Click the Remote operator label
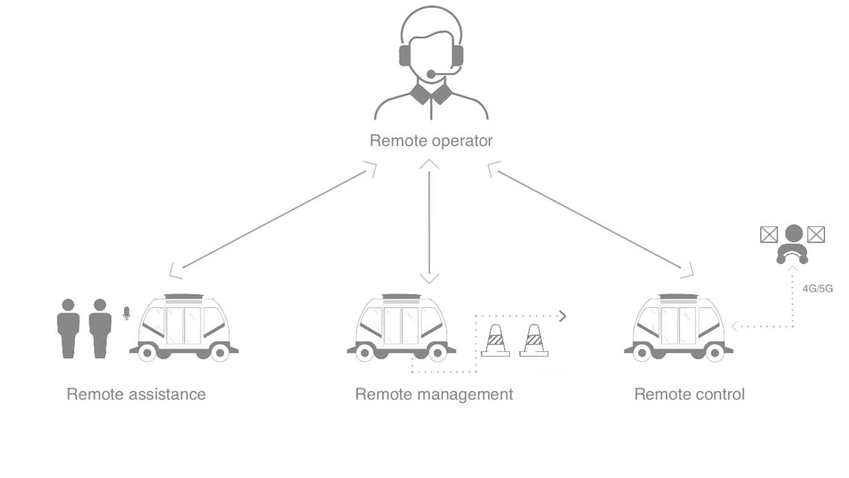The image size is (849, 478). [x=431, y=141]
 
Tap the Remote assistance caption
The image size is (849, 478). [x=136, y=394]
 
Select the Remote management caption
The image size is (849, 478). [x=434, y=394]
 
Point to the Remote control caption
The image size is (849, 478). [x=689, y=394]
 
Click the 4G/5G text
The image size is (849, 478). [x=817, y=288]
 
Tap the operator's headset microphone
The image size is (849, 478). [x=431, y=74]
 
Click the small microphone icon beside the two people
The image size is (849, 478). [x=126, y=313]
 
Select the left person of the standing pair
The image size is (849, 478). [x=68, y=327]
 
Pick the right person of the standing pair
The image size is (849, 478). [x=100, y=327]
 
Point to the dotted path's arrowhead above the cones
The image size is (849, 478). [x=561, y=317]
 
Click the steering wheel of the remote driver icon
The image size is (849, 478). [x=792, y=254]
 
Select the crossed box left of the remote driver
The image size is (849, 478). [x=768, y=234]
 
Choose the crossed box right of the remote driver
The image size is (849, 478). [x=816, y=234]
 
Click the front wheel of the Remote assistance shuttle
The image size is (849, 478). [x=146, y=353]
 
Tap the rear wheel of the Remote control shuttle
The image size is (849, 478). [x=714, y=353]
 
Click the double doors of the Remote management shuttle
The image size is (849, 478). [x=401, y=324]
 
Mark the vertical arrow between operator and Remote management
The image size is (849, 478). [x=429, y=222]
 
